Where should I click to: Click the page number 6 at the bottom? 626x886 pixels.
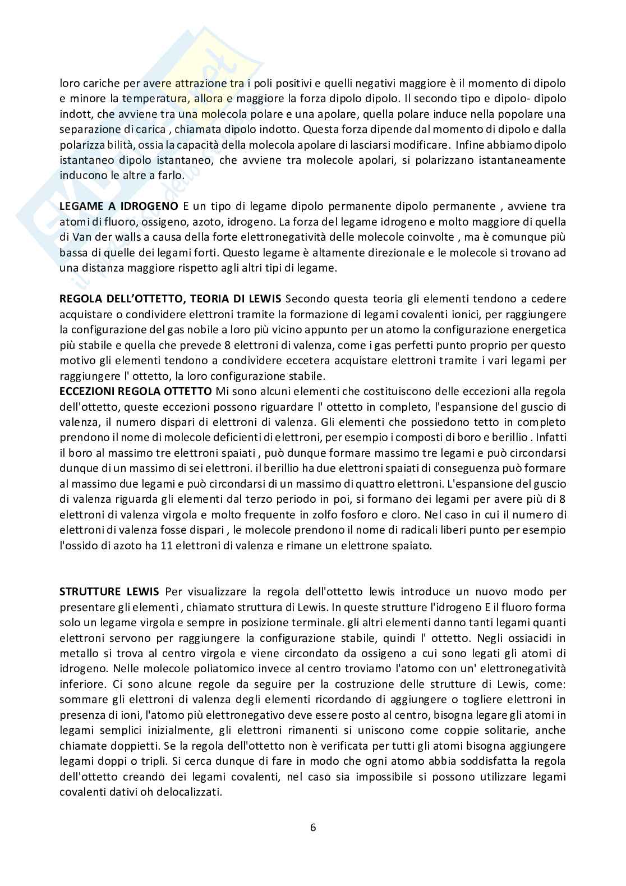pyautogui.click(x=313, y=827)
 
